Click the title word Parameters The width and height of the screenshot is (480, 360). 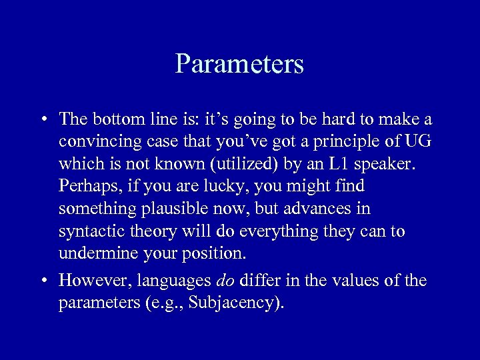pyautogui.click(x=239, y=64)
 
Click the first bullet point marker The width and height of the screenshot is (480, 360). pyautogui.click(x=42, y=120)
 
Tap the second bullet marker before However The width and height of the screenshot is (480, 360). pyautogui.click(x=42, y=281)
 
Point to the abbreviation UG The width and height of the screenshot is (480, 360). pyautogui.click(x=421, y=142)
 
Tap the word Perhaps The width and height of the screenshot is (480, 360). pyautogui.click(x=85, y=187)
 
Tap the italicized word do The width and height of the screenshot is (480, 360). pyautogui.click(x=225, y=281)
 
